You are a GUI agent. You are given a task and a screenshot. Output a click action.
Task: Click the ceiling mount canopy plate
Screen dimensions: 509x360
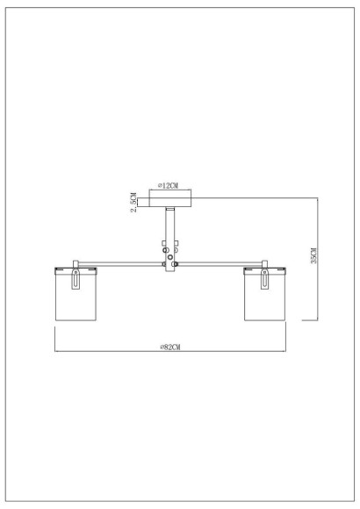pos(169,201)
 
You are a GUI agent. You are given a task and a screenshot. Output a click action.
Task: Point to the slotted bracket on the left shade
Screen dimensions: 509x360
pos(77,280)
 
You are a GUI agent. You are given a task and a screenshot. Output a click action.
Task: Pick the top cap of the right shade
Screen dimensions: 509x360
pos(265,268)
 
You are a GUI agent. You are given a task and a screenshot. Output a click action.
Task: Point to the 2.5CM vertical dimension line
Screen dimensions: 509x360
pos(141,201)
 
